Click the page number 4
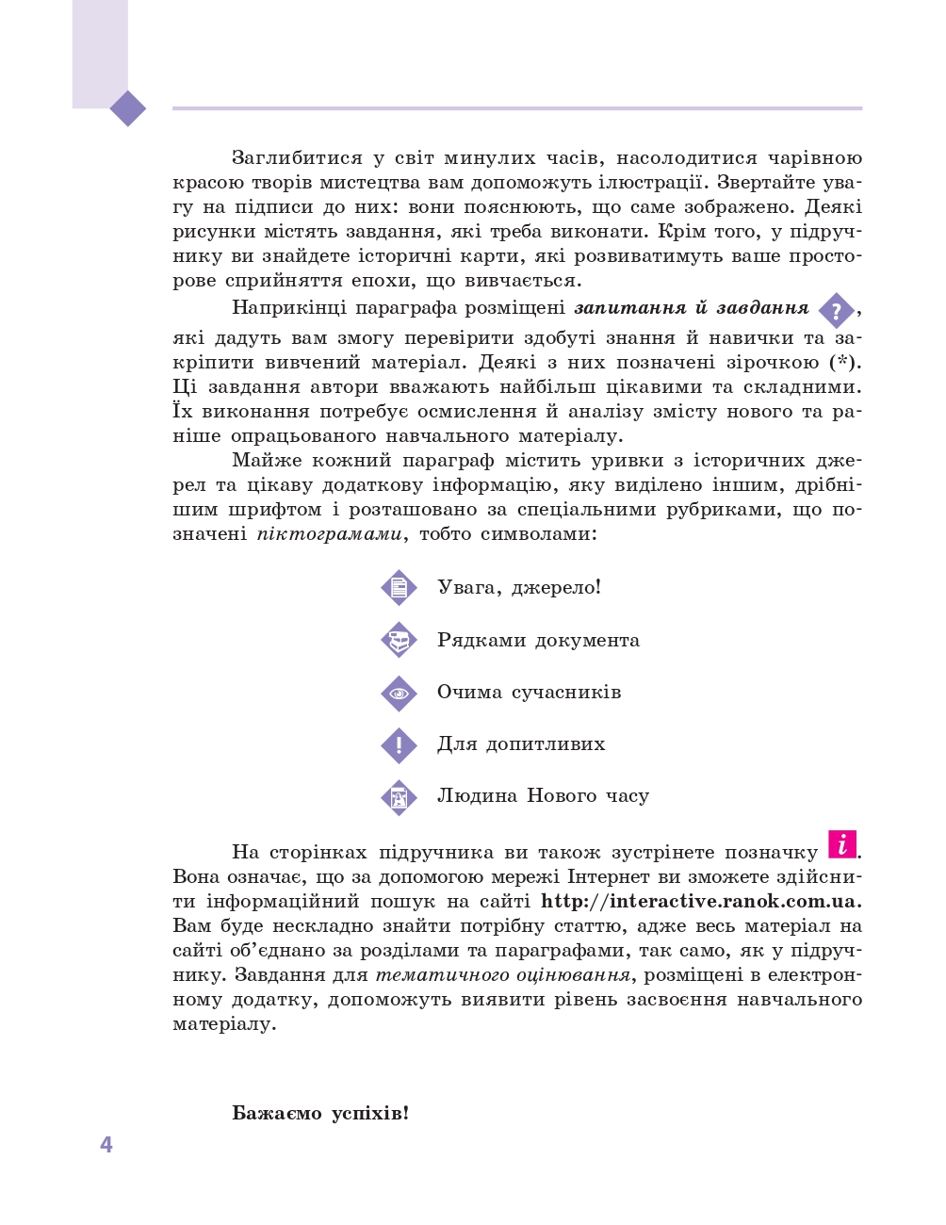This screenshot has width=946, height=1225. [106, 1145]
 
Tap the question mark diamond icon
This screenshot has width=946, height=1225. [836, 311]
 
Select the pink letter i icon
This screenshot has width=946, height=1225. [842, 844]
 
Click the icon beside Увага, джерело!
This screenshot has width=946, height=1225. [399, 588]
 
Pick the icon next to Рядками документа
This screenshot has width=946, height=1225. [399, 641]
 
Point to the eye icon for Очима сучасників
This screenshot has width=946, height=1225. [399, 694]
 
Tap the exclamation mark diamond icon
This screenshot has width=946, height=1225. [399, 745]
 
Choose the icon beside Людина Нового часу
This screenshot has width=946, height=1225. [399, 797]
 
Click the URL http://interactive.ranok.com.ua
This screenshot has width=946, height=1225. [700, 902]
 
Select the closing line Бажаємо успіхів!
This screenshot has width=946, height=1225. [320, 1114]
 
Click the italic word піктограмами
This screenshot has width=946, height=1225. [330, 534]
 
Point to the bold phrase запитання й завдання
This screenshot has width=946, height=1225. [692, 308]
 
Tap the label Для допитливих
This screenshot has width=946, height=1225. [521, 744]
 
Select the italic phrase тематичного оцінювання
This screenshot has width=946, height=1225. [503, 975]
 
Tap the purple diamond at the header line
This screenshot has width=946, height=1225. [128, 108]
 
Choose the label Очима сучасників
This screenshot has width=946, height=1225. [529, 693]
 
